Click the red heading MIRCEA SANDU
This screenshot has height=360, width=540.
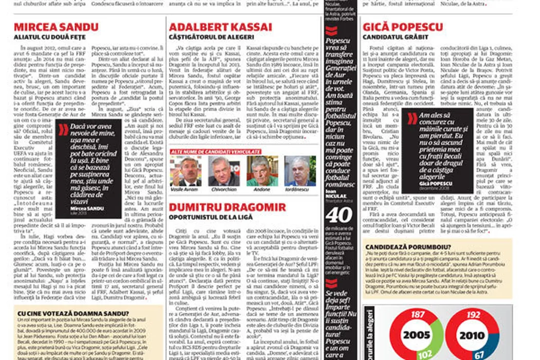pos(56,27)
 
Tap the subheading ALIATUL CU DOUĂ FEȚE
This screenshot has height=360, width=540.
pos(49,37)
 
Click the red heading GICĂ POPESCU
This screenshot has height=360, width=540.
pos(403,27)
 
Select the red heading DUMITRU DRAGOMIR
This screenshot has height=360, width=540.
pos(227,207)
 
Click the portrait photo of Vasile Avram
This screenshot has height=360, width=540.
pos(186,171)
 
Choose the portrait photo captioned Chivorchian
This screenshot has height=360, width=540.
pos(224,171)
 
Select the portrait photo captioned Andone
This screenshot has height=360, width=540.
pos(262,171)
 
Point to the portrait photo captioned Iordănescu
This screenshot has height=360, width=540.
pos(300,171)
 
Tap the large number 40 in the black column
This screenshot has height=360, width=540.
pos(339,215)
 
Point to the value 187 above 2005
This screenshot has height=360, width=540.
pos(418,315)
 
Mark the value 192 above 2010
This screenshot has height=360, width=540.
pos(474,315)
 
